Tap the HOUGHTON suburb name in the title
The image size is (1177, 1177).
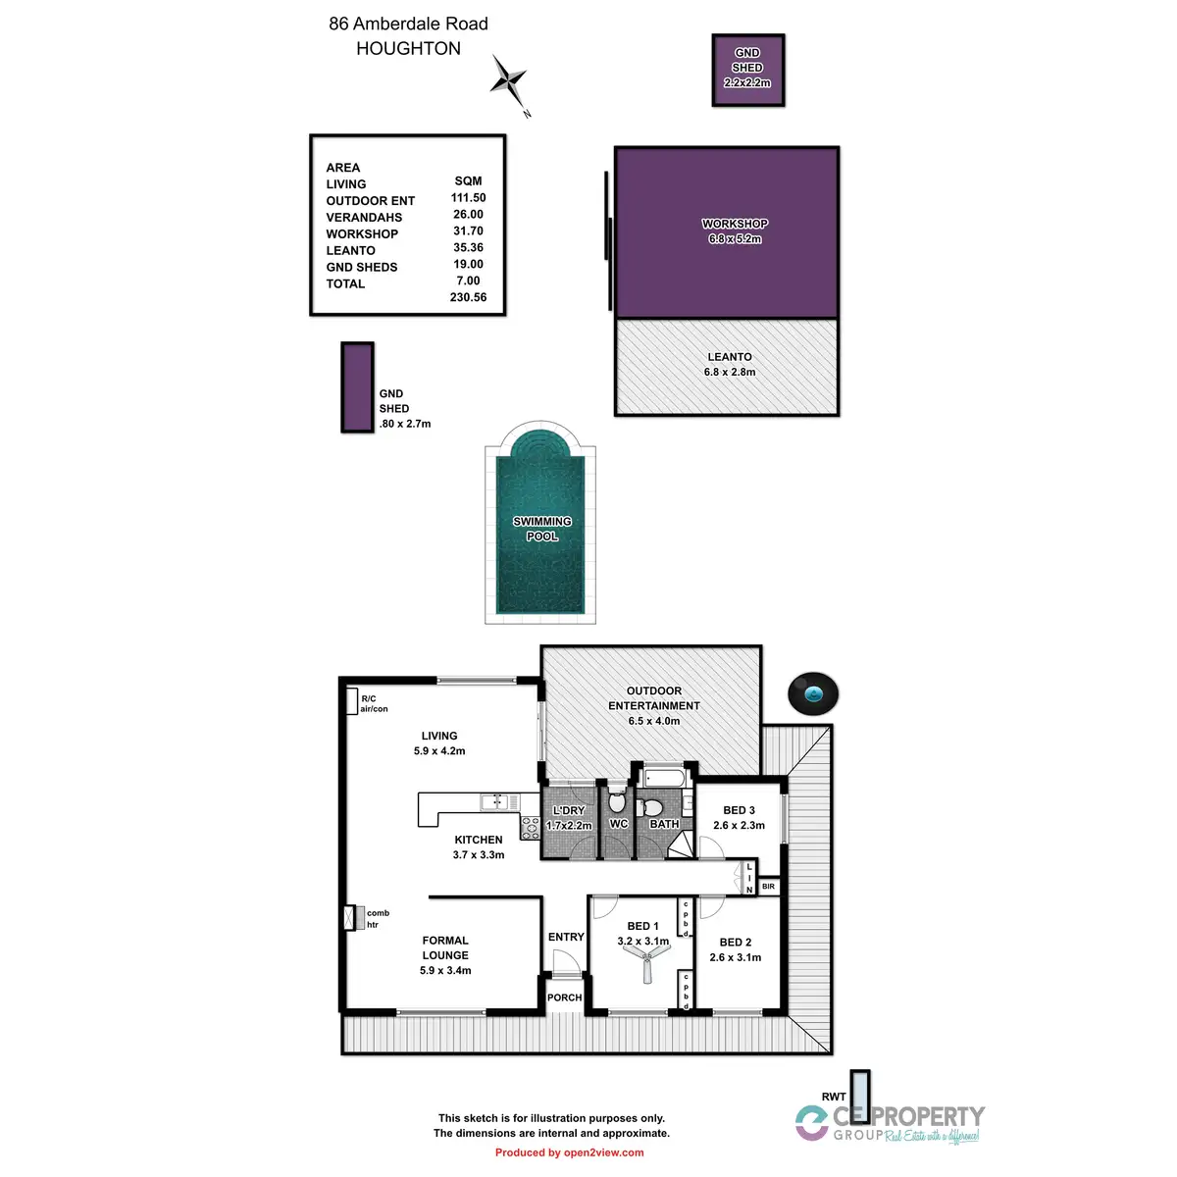(408, 49)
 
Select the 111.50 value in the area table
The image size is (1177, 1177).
(468, 197)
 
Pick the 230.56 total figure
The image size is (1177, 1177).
(468, 297)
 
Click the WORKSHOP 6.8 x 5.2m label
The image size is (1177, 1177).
(735, 231)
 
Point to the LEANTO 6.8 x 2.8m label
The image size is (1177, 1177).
(730, 365)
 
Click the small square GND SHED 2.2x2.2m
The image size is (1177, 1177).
(747, 69)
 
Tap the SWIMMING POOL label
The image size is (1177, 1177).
(542, 529)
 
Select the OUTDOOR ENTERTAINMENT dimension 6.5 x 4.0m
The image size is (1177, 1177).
(653, 721)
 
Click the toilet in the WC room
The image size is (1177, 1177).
(617, 800)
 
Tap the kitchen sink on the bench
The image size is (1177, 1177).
(496, 803)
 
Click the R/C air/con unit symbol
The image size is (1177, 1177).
(351, 701)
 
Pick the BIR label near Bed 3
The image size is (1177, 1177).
(768, 887)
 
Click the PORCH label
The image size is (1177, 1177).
(564, 998)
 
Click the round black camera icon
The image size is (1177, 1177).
(813, 693)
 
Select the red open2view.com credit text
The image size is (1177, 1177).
(569, 1152)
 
